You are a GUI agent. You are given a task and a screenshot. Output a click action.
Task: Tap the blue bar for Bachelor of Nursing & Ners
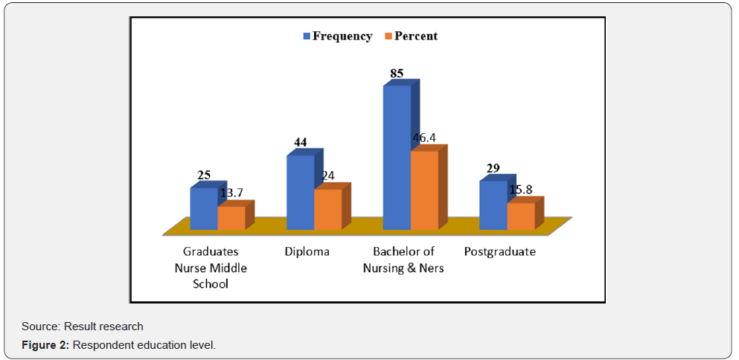point(397,158)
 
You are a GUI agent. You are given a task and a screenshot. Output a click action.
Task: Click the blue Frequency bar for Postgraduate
point(493,205)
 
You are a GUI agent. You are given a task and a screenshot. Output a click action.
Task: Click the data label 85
point(397,74)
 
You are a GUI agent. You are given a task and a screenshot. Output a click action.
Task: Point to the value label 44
point(301,142)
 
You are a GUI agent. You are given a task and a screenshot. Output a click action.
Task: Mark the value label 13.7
point(233,194)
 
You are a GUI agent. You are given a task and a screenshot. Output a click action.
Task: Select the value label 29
point(493,169)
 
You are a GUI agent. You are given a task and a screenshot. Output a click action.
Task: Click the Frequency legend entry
point(337,36)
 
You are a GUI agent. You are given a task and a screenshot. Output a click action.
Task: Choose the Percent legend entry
point(411,36)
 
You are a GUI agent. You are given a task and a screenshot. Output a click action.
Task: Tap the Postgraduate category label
point(499,251)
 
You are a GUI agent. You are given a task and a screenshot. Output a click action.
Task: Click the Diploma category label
point(307,251)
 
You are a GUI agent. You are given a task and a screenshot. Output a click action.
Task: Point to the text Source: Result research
point(83,326)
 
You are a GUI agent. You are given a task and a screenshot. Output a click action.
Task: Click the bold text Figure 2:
point(46,345)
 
